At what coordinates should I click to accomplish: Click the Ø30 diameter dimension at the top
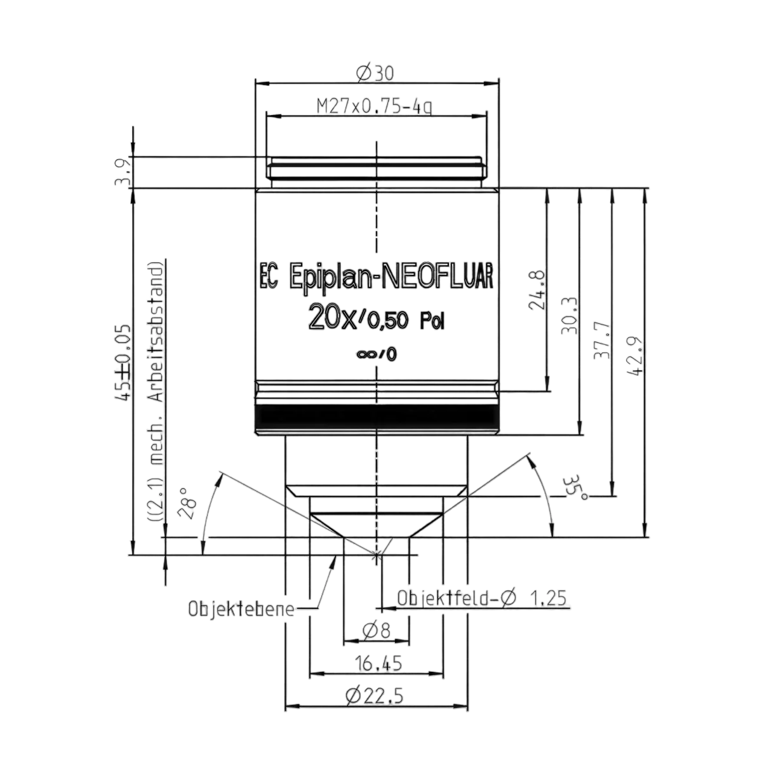[x=375, y=73]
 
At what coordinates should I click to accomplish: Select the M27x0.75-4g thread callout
[x=375, y=107]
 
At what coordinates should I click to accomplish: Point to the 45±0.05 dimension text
[x=122, y=363]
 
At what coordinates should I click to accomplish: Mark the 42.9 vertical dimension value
[x=634, y=357]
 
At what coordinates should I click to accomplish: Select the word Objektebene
[x=241, y=610]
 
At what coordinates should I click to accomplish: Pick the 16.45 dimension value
[x=378, y=664]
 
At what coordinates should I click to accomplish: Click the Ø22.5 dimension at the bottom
[x=374, y=696]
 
